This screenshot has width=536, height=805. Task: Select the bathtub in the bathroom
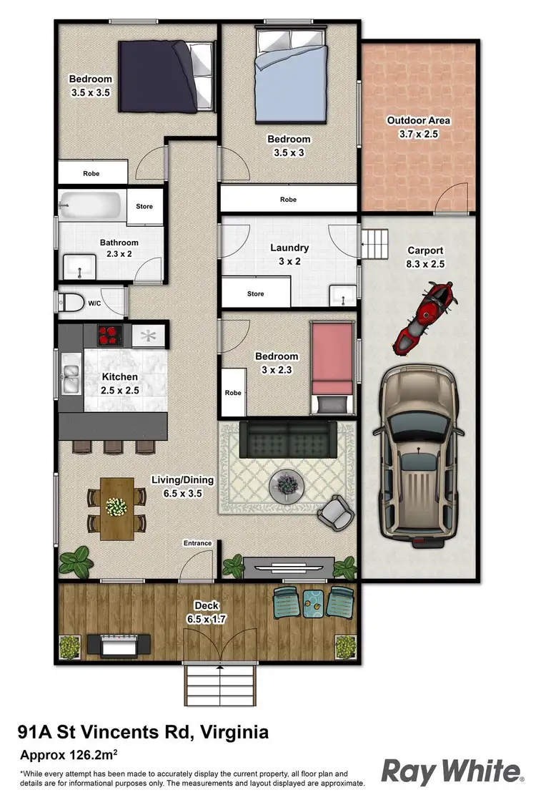91,206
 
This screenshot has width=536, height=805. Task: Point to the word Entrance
198,543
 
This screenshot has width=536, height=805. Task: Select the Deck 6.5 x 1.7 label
206,613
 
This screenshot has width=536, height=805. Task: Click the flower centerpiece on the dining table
116,506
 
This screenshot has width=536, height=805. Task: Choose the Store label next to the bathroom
144,207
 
